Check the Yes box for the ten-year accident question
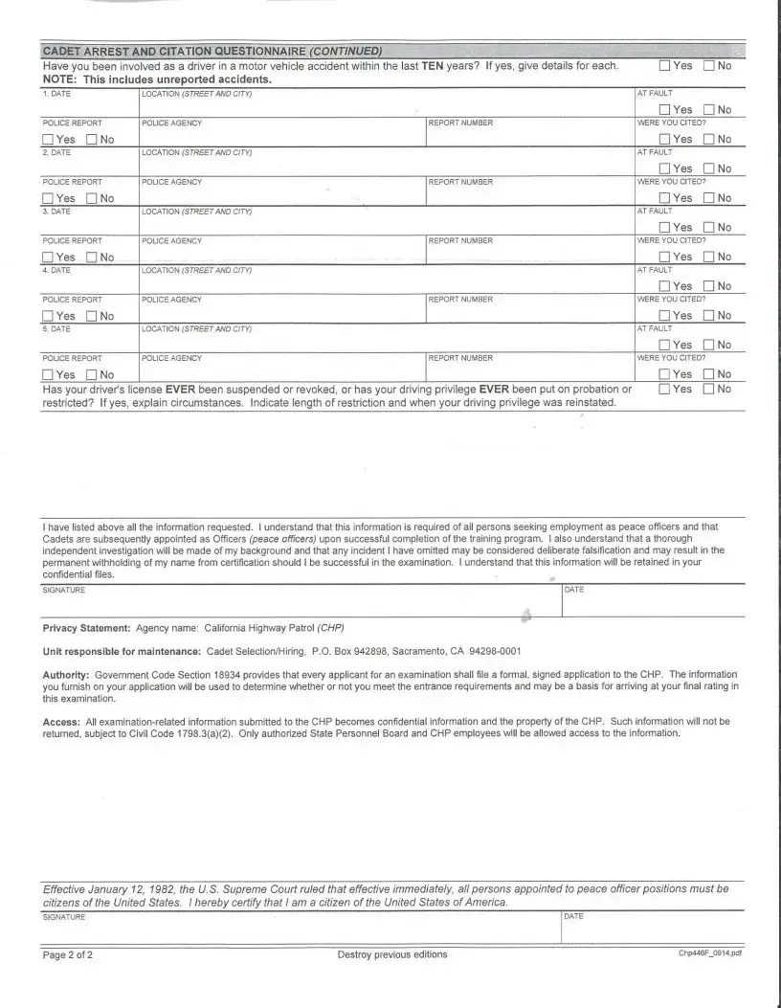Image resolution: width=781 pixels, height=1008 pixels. click(x=664, y=66)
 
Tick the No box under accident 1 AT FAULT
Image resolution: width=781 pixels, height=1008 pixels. click(x=709, y=110)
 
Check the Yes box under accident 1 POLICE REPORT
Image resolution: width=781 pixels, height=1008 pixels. click(x=49, y=140)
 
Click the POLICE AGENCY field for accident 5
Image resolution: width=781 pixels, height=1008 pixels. click(x=282, y=369)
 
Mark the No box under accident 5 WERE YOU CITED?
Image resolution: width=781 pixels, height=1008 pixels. click(x=709, y=374)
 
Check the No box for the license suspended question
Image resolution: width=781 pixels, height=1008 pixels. click(x=709, y=390)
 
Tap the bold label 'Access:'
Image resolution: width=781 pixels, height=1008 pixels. click(x=61, y=721)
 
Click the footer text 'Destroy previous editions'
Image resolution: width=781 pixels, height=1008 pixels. click(x=392, y=955)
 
